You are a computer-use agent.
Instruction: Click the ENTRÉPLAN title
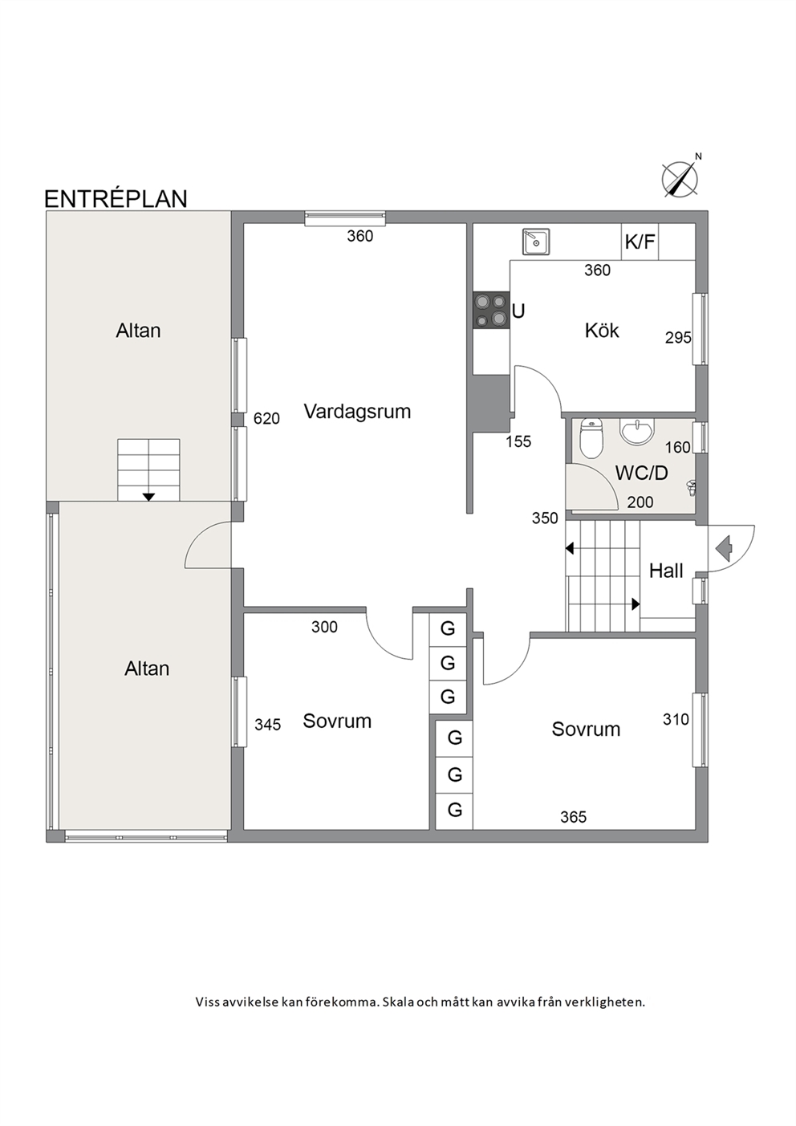[116, 199]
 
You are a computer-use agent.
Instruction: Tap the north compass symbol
[680, 178]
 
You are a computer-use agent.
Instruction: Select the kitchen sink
[536, 242]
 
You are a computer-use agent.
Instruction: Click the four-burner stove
[491, 311]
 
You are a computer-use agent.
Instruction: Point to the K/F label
[640, 242]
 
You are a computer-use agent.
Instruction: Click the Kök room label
[602, 331]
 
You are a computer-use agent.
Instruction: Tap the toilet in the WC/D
[591, 438]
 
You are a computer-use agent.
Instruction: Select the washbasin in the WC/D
[637, 432]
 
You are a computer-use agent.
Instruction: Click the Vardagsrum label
[357, 412]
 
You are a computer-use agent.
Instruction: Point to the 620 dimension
[266, 418]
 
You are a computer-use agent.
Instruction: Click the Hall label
[666, 571]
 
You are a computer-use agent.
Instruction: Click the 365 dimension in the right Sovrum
[574, 817]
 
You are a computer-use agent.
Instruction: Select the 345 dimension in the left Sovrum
[267, 725]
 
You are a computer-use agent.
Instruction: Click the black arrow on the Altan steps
[148, 497]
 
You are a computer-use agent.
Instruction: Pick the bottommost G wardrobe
[455, 810]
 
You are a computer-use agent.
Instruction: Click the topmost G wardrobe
[448, 628]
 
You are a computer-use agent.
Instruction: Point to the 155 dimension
[518, 441]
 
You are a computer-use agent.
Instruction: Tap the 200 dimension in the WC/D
[640, 502]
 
